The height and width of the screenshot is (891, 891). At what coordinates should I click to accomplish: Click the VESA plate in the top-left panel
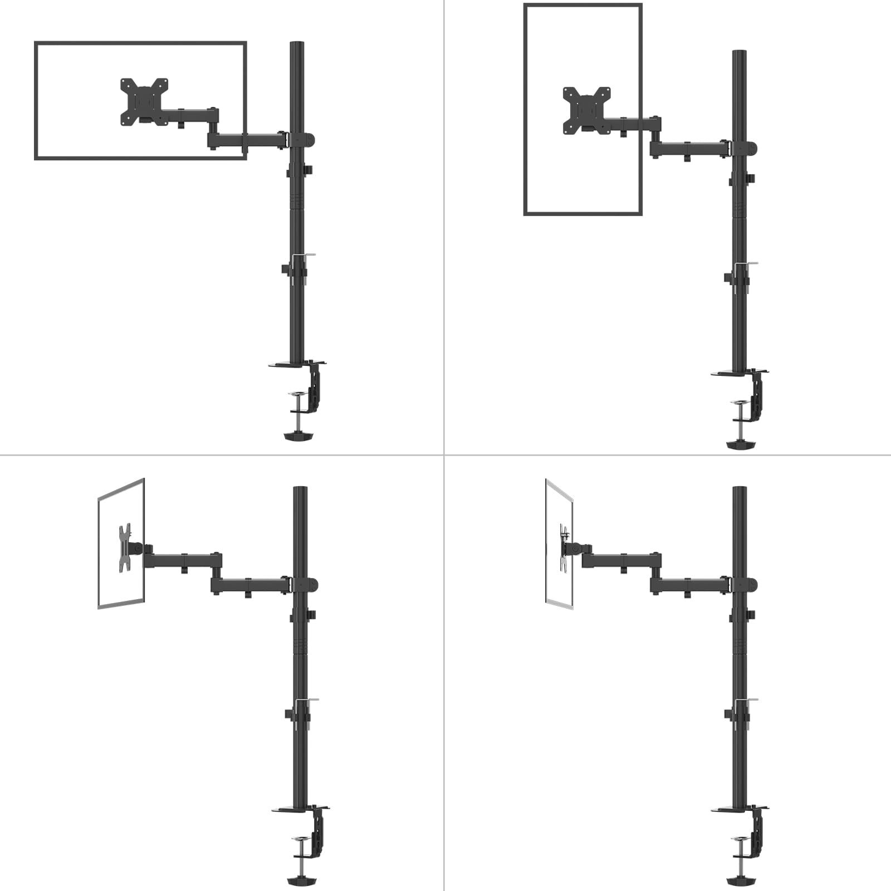144,101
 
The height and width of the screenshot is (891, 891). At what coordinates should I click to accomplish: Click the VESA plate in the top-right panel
586,110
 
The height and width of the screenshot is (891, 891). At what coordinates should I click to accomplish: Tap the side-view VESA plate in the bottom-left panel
125,548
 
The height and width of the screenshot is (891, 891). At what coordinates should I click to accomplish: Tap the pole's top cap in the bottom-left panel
300,489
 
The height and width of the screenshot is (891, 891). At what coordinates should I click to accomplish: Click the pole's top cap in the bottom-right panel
740,489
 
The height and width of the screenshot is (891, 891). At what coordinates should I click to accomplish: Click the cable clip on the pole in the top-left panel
303,256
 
